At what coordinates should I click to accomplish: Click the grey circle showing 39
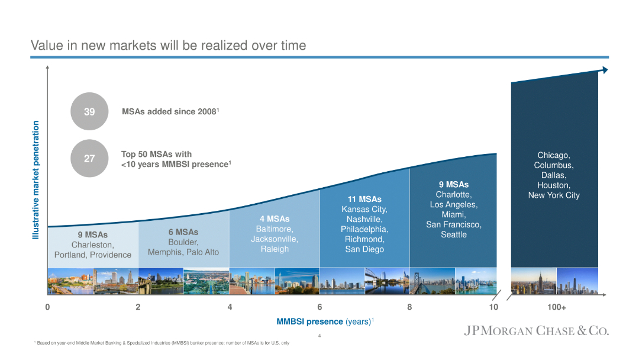(x=89, y=111)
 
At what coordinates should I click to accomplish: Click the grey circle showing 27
(x=89, y=159)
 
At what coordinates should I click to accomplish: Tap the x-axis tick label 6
(x=319, y=307)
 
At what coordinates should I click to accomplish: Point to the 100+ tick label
(x=556, y=307)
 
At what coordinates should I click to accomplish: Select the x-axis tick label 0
(x=47, y=307)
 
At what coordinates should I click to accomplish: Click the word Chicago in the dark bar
(x=553, y=155)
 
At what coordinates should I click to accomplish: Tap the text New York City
(x=553, y=195)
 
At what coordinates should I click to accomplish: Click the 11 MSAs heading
(x=364, y=199)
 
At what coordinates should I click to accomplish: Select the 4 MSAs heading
(x=274, y=219)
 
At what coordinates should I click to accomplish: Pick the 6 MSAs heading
(x=183, y=232)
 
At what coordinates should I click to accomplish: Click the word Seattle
(x=453, y=234)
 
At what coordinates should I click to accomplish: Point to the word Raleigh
(x=274, y=249)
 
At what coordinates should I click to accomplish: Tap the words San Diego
(x=364, y=249)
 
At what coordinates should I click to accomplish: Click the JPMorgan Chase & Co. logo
(x=536, y=330)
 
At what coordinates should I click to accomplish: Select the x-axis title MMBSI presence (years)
(x=325, y=322)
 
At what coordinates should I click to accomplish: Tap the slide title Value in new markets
(x=168, y=46)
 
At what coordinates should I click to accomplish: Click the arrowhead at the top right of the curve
(x=604, y=70)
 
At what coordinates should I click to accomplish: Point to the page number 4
(x=319, y=336)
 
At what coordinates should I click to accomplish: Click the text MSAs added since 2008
(x=170, y=111)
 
